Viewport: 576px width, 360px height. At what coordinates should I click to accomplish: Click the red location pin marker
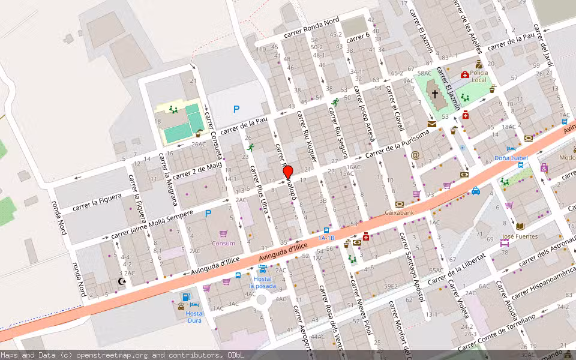click(288, 172)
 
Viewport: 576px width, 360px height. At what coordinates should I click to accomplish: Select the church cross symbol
click(435, 94)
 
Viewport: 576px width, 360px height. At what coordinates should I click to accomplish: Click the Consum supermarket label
click(223, 243)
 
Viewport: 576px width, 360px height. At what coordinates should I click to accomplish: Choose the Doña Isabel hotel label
click(510, 158)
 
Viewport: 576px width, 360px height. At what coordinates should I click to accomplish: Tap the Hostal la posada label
click(263, 283)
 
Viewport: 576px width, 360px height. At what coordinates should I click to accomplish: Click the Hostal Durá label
click(194, 316)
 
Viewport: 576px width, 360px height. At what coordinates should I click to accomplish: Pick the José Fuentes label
click(520, 236)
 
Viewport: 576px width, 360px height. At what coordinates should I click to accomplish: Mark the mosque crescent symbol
click(124, 281)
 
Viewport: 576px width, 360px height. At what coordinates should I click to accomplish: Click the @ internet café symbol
click(415, 155)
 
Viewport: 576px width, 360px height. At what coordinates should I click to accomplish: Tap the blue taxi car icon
click(475, 191)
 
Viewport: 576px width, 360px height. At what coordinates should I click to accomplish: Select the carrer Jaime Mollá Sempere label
click(152, 224)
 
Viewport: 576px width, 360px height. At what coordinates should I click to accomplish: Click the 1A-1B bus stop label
click(326, 238)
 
